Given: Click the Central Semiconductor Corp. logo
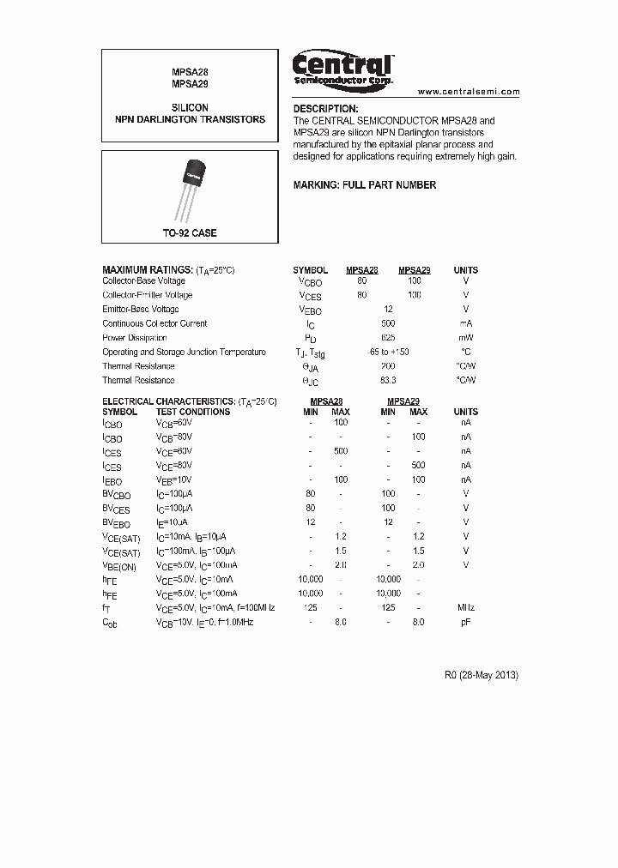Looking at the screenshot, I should click(x=342, y=68).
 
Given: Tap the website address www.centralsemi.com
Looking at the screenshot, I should click(x=469, y=91).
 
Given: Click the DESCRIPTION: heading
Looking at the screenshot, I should click(x=325, y=109).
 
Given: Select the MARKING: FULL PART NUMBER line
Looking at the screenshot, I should click(x=364, y=185).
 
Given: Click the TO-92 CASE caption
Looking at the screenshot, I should click(x=190, y=233).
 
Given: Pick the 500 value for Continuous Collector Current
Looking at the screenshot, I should click(x=388, y=323).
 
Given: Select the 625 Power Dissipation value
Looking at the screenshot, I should click(x=388, y=338).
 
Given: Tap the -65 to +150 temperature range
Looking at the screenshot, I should click(x=388, y=352).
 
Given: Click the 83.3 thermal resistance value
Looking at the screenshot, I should click(x=388, y=380).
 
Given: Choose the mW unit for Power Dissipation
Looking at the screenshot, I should click(x=466, y=338).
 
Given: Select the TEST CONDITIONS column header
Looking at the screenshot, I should click(x=193, y=412).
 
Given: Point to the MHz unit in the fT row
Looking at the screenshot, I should click(x=466, y=607).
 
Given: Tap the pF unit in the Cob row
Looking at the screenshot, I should click(x=466, y=622).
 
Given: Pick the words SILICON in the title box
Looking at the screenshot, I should click(x=190, y=109).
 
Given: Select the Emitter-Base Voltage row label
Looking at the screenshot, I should click(x=141, y=310).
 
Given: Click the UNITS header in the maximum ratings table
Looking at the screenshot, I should click(x=466, y=270).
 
